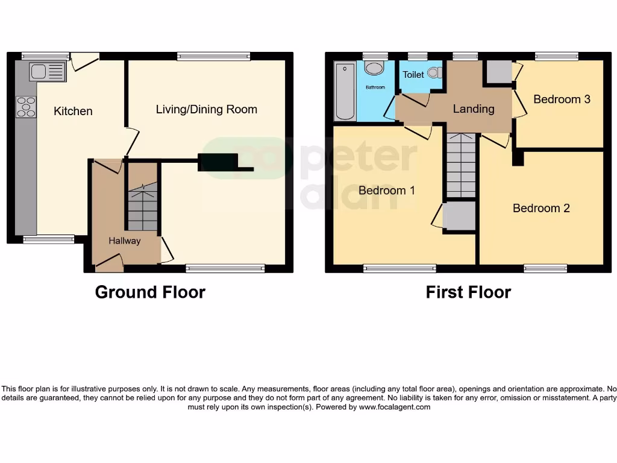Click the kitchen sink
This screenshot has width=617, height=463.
[x=47, y=72]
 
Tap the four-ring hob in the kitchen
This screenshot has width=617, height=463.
[x=26, y=107]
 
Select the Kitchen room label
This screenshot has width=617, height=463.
[x=73, y=111]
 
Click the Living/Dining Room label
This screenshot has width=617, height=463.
[x=206, y=109]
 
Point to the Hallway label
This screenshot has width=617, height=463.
[x=124, y=241]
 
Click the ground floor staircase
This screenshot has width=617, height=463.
[x=142, y=205]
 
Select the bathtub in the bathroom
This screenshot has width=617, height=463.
[x=345, y=90]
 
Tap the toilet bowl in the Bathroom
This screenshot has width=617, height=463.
[x=375, y=68]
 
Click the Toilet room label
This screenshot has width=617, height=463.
[x=413, y=75]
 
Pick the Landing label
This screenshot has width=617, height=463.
[x=473, y=109]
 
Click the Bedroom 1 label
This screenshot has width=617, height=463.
[x=386, y=191]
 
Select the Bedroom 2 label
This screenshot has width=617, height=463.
[x=540, y=208]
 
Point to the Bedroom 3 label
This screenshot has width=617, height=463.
[x=562, y=99]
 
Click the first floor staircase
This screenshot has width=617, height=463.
[x=462, y=166]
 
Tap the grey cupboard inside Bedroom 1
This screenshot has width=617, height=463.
[x=459, y=216]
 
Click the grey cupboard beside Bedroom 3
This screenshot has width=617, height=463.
[x=498, y=72]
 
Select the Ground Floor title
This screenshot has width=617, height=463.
[x=150, y=292]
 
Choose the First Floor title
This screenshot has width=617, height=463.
[x=468, y=292]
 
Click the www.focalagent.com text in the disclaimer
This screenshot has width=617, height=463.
[x=395, y=407]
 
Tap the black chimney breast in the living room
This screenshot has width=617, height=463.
[x=218, y=163]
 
